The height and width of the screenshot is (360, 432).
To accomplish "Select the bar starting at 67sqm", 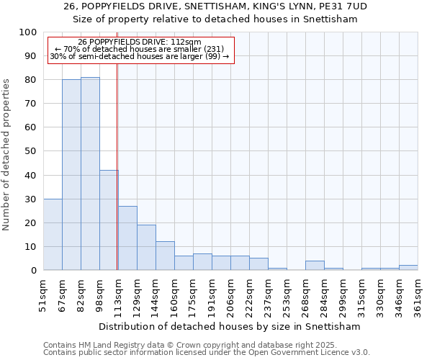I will click(71, 175).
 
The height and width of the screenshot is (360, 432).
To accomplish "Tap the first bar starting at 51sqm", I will click(53, 234).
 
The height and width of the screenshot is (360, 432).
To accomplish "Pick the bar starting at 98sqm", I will click(109, 220).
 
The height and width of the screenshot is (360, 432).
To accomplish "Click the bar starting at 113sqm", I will click(127, 238).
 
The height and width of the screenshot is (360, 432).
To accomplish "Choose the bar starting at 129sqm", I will click(146, 248).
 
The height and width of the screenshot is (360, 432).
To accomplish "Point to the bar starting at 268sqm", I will click(315, 266).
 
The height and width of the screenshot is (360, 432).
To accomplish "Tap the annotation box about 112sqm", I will click(140, 50).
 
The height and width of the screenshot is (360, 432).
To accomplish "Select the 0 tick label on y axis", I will click(33, 270).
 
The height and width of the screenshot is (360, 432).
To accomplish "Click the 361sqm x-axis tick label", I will click(418, 296).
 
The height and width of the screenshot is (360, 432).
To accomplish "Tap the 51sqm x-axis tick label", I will click(44, 296).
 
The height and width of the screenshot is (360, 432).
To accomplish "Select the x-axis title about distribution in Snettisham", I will click(230, 326).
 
